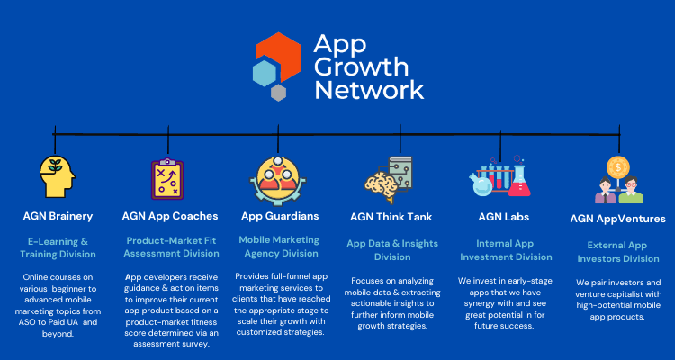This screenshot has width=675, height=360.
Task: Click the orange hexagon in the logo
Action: [x=278, y=55]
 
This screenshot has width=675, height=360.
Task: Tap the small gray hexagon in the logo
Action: [x=278, y=93]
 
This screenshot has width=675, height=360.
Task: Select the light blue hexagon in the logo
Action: [x=265, y=73]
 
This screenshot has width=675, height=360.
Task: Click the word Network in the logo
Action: [x=369, y=90]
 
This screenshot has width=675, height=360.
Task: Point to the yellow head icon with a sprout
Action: [x=58, y=176]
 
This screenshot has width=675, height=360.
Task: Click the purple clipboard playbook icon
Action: [x=167, y=179]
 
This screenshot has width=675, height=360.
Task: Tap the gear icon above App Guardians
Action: [x=278, y=181]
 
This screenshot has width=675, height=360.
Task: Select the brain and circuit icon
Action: [x=388, y=179]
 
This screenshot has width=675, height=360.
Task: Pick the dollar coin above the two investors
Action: [x=618, y=167]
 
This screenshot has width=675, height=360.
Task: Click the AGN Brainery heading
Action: [x=58, y=216]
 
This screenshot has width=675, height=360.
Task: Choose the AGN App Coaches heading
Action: [x=170, y=216]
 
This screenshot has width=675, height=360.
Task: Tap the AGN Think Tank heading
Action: [x=391, y=217]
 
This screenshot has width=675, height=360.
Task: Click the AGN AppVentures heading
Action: [x=617, y=219]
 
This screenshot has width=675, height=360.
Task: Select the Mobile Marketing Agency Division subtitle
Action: [x=279, y=247]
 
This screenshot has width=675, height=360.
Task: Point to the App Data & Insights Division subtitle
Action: [x=392, y=250]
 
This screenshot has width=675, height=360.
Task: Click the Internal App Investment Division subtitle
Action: [x=506, y=250]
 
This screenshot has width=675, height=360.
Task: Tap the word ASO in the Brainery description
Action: [x=25, y=321]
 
